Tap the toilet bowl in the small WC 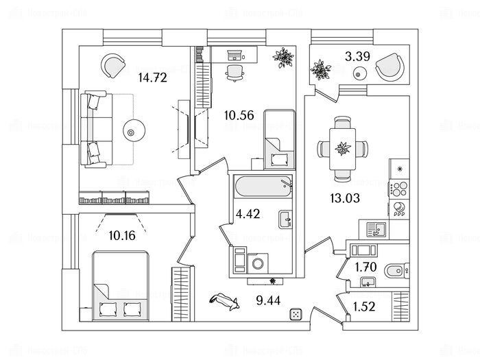click(396, 268)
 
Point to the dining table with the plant click(341, 148)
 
